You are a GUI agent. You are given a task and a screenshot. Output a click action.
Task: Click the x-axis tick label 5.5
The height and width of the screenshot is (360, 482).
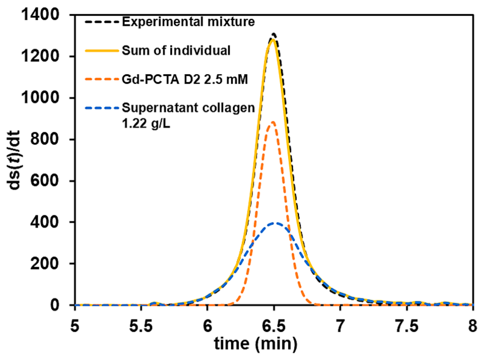point(141,326)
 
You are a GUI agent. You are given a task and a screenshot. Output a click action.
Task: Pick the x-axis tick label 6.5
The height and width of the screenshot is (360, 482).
point(273,326)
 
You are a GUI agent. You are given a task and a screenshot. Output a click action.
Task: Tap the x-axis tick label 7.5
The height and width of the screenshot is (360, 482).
point(406,326)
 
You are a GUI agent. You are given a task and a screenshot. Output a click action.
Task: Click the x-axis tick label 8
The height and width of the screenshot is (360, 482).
point(472,326)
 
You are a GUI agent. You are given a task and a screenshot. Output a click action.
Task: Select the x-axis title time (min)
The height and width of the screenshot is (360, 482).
point(256,344)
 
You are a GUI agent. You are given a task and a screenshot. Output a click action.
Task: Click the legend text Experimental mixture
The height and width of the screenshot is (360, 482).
point(188,22)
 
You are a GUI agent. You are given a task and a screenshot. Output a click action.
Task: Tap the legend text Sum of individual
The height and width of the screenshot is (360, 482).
point(176,50)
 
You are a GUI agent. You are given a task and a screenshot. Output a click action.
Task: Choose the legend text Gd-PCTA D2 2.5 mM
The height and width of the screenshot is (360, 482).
point(185,79)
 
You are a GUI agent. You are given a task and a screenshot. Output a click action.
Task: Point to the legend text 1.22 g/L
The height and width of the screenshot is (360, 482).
point(146,124)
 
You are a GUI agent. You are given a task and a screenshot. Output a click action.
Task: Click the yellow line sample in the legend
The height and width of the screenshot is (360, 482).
point(102,51)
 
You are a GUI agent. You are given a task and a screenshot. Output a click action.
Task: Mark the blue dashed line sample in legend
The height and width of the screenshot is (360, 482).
point(102,108)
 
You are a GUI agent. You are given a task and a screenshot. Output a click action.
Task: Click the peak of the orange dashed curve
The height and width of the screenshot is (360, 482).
point(273,122)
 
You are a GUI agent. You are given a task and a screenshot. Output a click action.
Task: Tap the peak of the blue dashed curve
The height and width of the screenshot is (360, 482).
point(275,223)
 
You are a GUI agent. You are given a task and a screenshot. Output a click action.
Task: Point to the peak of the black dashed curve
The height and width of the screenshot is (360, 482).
point(274,34)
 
